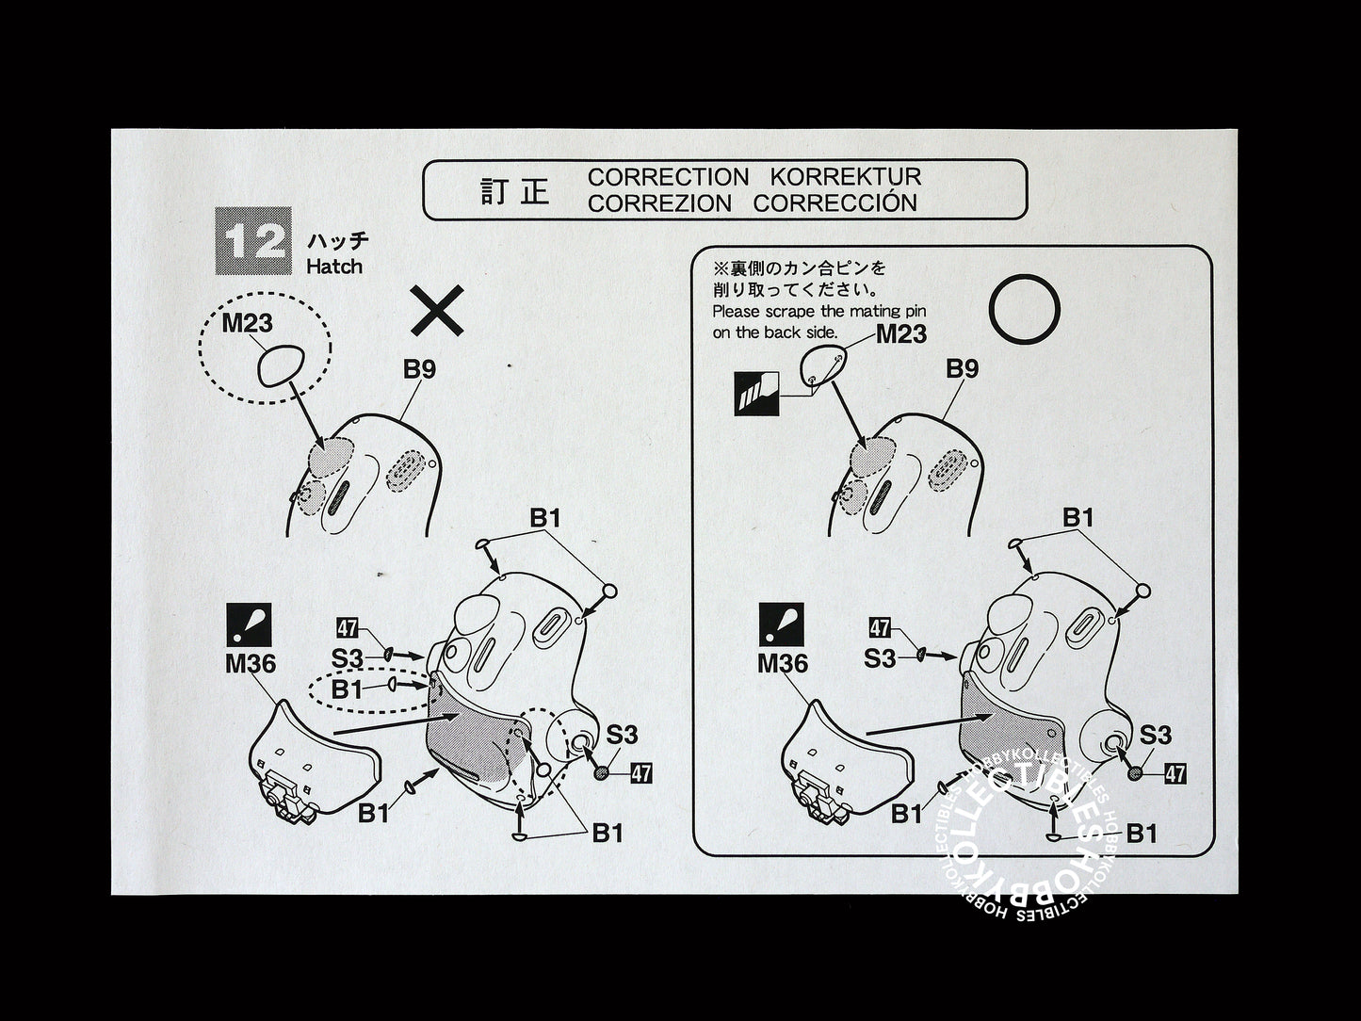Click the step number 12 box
point(253,240)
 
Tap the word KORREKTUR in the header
point(845,177)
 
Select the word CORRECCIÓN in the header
point(834,203)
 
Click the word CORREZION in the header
point(659,203)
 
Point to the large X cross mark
point(437,311)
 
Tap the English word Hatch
point(334,267)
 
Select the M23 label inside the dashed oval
point(247,323)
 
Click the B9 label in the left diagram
point(419,369)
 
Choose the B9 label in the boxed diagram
point(962,369)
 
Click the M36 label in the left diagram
point(251,664)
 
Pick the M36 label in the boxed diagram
point(783,664)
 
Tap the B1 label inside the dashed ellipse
point(347,689)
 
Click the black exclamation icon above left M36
point(249,624)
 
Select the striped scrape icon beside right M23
point(756,394)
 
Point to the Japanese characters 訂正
point(514,191)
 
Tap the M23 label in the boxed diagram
point(901,334)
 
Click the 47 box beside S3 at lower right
point(1175,773)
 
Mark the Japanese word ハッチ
point(338,240)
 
